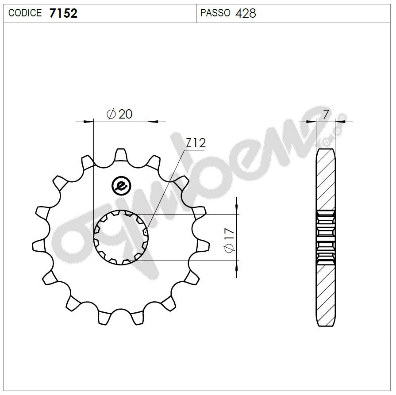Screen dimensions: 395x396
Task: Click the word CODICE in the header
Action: pyautogui.click(x=25, y=13)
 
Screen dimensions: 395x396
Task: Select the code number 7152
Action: pyautogui.click(x=63, y=13)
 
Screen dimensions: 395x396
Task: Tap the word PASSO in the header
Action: pyautogui.click(x=215, y=13)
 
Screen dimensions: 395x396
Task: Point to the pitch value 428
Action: pyautogui.click(x=246, y=13)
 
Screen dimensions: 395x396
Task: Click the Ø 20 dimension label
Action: pyautogui.click(x=119, y=114)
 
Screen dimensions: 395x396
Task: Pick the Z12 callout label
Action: pyautogui.click(x=195, y=143)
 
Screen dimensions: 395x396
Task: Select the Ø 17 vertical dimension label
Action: pyautogui.click(x=229, y=240)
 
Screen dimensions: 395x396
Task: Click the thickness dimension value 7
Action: pyautogui.click(x=326, y=115)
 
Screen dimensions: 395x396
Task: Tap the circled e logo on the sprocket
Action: pyautogui.click(x=120, y=185)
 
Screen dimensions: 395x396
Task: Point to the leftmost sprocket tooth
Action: pyautogui.click(x=39, y=245)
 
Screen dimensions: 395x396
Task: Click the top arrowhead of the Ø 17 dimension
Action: pyautogui.click(x=237, y=209)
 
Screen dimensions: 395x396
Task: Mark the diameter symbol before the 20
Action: pyautogui.click(x=111, y=115)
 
